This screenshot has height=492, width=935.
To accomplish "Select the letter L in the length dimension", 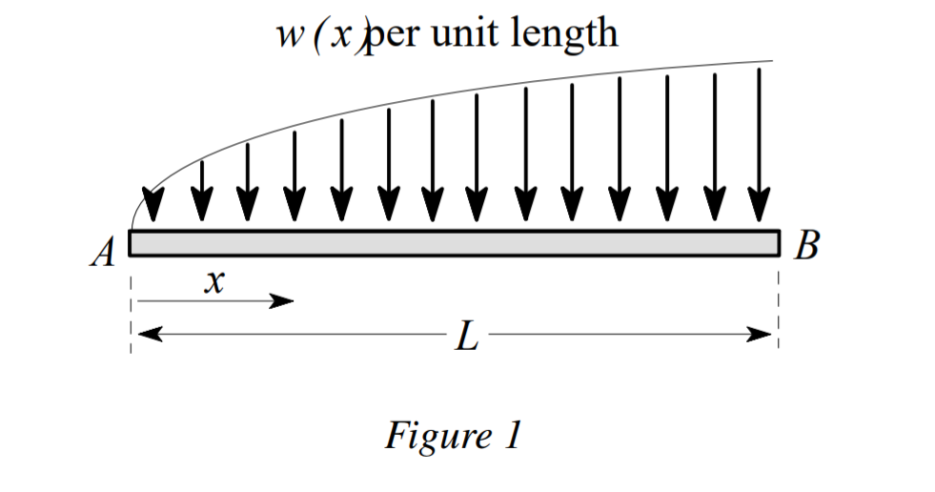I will coord(465,337).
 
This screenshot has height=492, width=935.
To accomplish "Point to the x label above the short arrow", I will coord(216,282).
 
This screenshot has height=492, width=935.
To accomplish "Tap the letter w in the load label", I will coord(288,35).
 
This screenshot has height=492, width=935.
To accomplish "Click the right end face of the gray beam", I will coord(779,243).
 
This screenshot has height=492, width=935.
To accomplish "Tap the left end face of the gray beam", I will coord(131,243).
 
